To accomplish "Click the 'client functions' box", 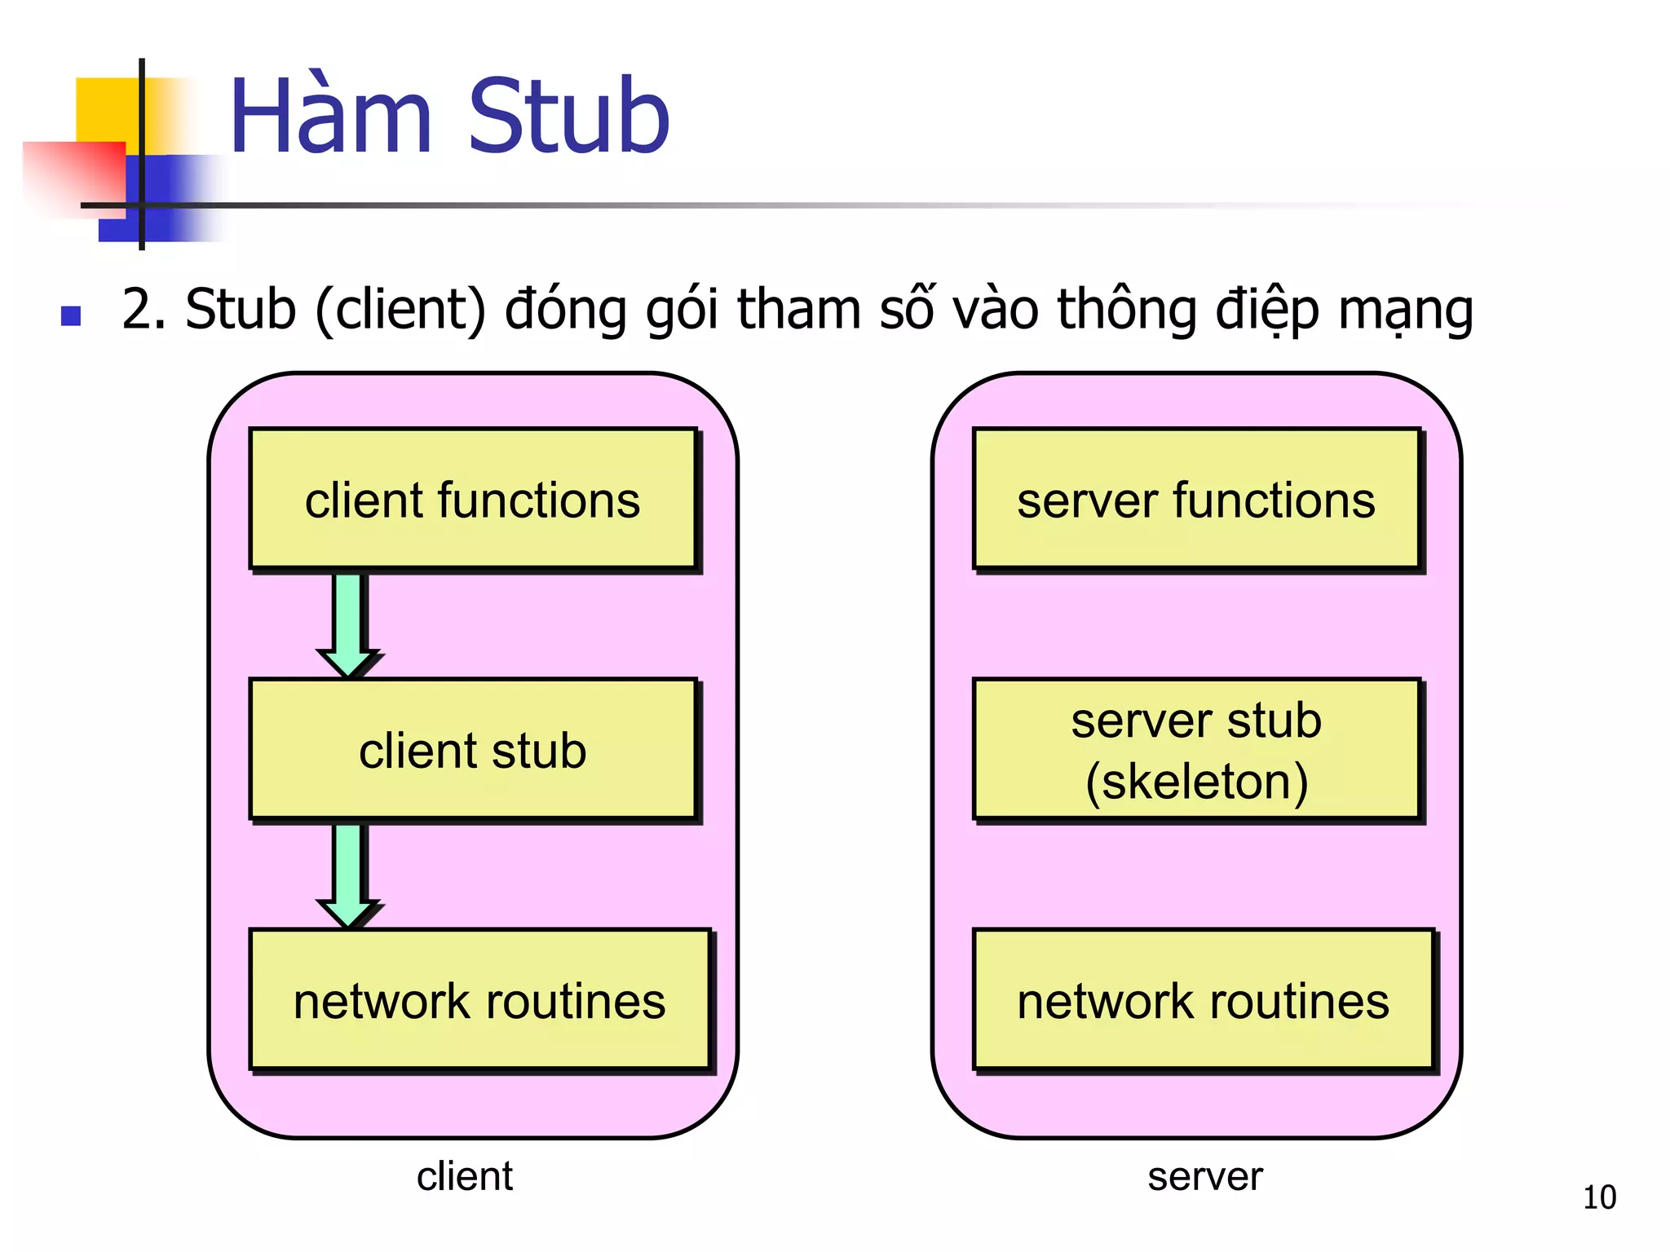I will coord(473,499).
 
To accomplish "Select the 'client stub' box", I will coord(473,749).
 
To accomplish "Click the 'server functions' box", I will coord(1196,499).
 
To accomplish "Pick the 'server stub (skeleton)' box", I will coord(1196,749).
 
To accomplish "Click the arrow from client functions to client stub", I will coord(349,624).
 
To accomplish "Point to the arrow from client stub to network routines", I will coord(349,875).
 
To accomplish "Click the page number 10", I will coord(1599,1197).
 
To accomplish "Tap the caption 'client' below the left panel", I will coord(465,1176).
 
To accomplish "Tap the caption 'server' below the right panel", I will coord(1204,1176).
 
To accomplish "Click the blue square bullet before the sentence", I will coord(71,315).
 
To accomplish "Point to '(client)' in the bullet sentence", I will coord(400,310).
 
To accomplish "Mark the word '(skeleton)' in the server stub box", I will coord(1196,781).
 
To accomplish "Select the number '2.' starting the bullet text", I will coord(144,310).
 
